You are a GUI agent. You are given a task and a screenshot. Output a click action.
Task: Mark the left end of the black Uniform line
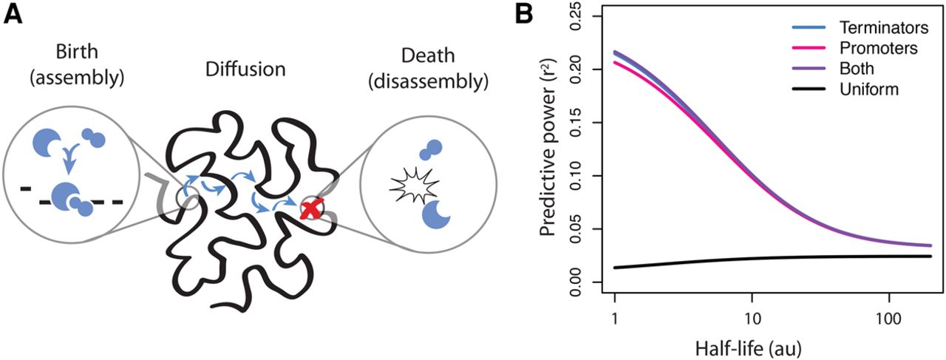tap(616, 268)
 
